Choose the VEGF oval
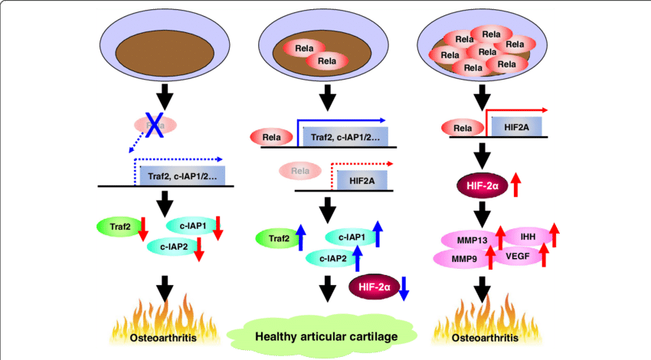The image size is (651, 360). click(x=515, y=257)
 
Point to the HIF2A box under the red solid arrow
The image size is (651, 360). click(x=515, y=126)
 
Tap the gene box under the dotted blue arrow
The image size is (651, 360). click(x=182, y=177)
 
